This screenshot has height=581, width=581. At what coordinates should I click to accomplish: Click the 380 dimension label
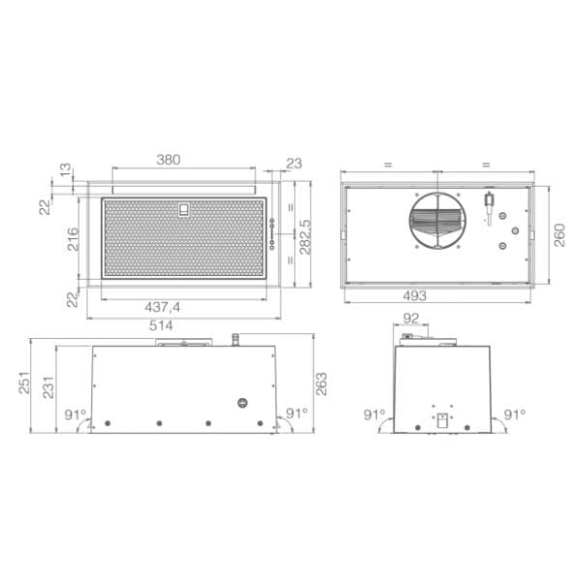coord(168,160)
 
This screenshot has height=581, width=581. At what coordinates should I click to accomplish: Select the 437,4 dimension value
coord(163,307)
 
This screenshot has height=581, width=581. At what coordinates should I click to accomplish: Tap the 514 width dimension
coord(161,325)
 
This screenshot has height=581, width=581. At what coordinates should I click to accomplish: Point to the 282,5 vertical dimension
coord(305,237)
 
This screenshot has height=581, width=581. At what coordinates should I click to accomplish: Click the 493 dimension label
coord(414,295)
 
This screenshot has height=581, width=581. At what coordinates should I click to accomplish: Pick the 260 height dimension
coord(560,235)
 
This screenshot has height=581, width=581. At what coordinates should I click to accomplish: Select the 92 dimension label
coord(411,319)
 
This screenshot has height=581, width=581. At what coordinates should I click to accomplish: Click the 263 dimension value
coord(321,383)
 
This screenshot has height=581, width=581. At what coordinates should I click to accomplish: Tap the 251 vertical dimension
coord(24,383)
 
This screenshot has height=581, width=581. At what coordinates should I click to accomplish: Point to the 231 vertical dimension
coord(48,387)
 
